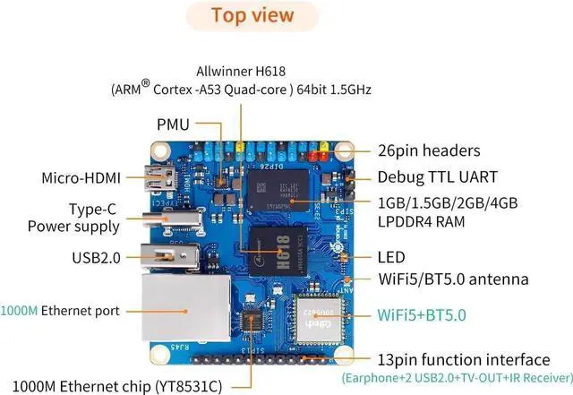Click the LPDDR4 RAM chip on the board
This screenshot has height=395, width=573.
point(279,190)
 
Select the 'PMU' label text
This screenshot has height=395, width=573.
point(173,125)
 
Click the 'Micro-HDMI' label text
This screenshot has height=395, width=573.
point(81,177)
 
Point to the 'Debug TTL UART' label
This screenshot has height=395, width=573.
point(436,176)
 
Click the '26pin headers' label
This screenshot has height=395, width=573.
point(428,150)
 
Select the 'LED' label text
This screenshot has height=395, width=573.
point(390,256)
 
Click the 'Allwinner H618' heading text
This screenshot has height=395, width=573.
point(241,71)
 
